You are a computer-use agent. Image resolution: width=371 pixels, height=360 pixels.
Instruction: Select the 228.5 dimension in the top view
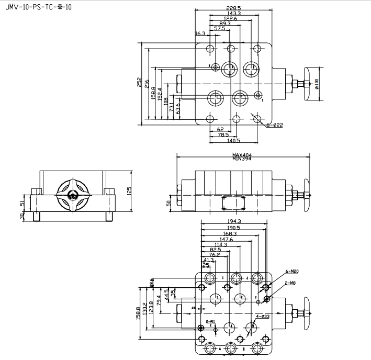pyautogui.click(x=233, y=8)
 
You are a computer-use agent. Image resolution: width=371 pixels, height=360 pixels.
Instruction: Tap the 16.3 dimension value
pyautogui.click(x=200, y=33)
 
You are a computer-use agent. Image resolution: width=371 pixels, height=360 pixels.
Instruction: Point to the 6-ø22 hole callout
pyautogui.click(x=274, y=125)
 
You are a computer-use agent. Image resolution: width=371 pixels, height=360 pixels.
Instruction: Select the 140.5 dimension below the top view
pyautogui.click(x=233, y=140)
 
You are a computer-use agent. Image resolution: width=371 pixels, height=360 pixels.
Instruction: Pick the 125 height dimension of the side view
pyautogui.click(x=129, y=190)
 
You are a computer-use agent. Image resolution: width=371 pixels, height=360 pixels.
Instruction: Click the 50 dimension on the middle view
pyautogui.click(x=169, y=203)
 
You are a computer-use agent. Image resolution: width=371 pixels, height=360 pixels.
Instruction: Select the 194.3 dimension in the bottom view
pyautogui.click(x=234, y=222)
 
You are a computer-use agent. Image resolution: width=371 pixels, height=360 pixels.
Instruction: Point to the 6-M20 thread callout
pyautogui.click(x=292, y=271)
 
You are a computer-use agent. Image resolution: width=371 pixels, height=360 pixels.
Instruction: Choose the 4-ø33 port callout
pyautogui.click(x=263, y=317)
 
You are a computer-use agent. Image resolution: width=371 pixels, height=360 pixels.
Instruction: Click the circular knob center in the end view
pyautogui.click(x=73, y=195)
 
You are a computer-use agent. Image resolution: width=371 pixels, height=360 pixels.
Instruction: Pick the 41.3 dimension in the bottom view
pyautogui.click(x=208, y=260)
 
